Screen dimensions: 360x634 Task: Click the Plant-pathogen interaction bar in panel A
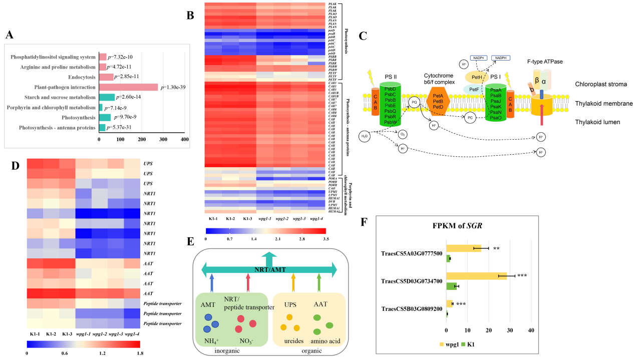click(128, 87)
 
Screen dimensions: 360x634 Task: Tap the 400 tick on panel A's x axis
click(185, 138)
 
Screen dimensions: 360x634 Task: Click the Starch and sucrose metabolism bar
click(107, 97)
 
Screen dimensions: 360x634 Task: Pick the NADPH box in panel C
click(503, 58)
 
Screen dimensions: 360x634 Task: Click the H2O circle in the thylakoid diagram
click(366, 136)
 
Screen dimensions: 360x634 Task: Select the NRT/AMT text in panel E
click(269, 269)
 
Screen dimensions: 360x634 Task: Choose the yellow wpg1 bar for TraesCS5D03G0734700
click(476, 275)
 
